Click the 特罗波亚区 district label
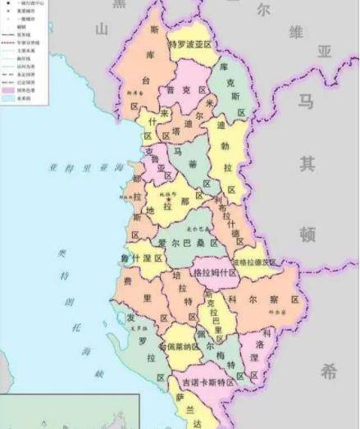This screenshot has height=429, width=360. click(190, 43)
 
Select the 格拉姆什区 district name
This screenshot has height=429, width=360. click(215, 272)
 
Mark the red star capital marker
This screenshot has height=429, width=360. click(169, 199)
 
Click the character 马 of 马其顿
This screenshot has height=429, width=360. click(306, 102)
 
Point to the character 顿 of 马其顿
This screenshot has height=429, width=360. click(308, 235)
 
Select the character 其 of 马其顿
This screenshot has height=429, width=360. click(308, 164)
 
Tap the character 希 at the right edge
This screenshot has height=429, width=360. click(328, 372)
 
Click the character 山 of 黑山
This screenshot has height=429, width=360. click(101, 30)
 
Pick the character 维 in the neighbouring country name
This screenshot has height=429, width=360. click(294, 33)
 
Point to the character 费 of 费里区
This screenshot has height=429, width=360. click(128, 281)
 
